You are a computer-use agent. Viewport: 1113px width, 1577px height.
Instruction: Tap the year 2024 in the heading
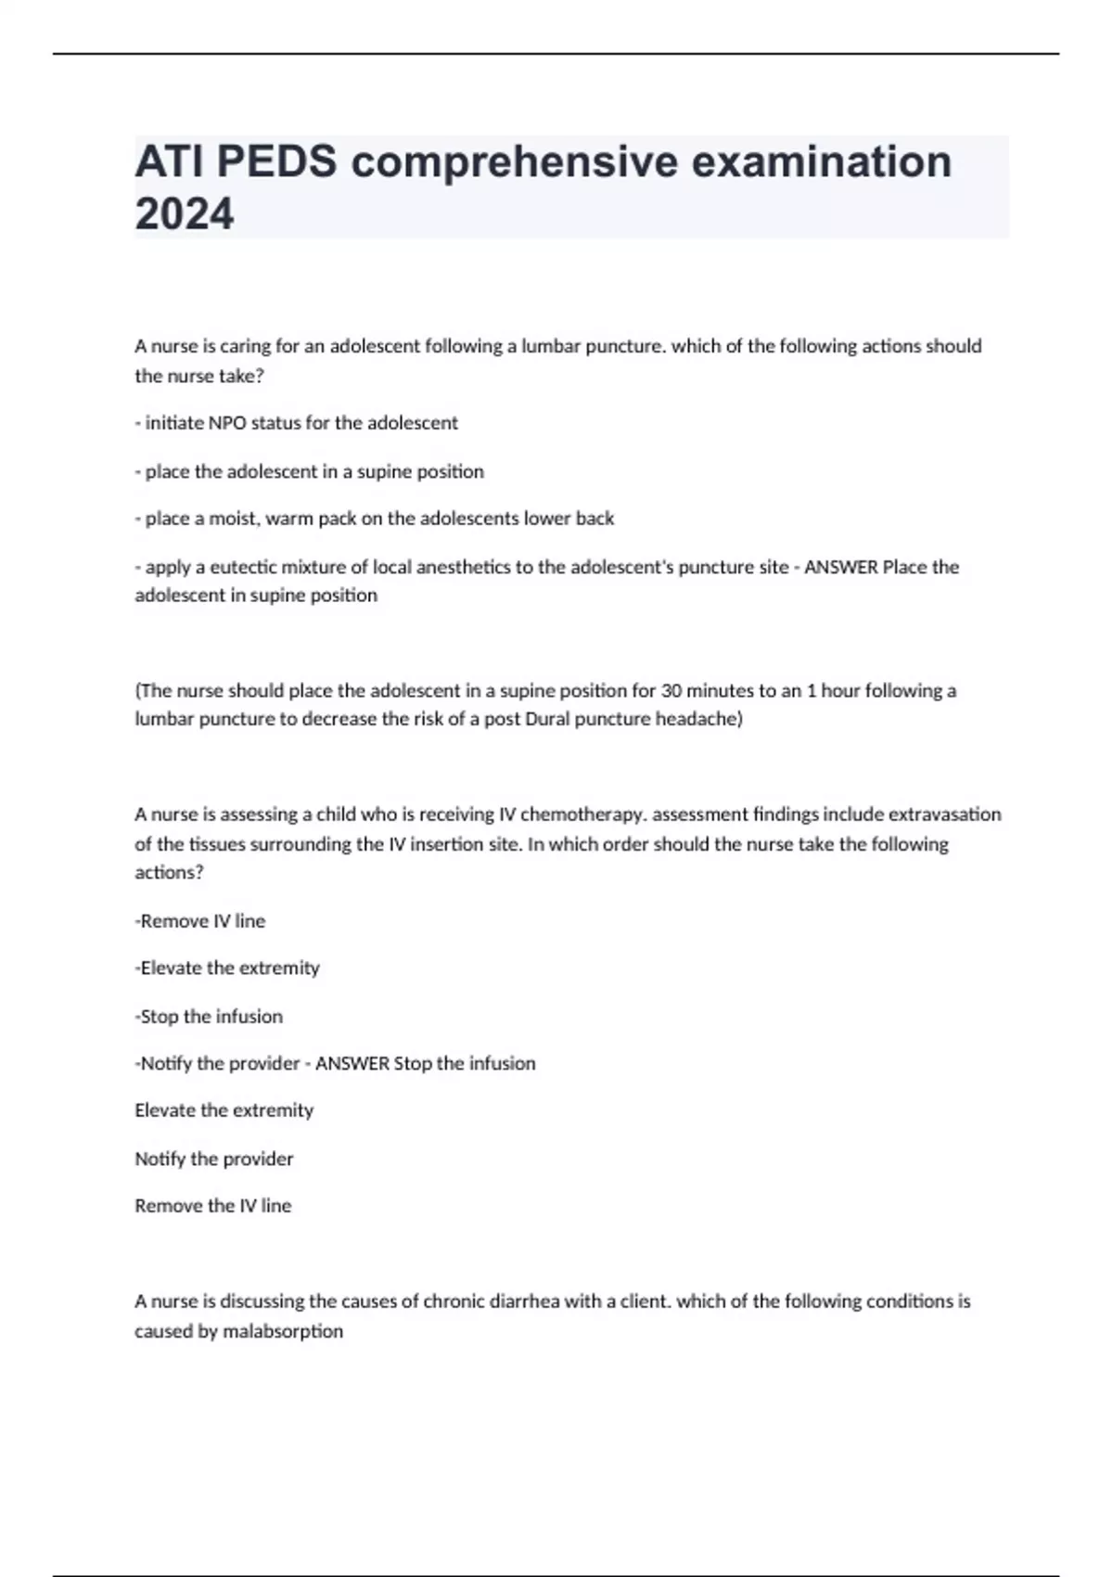pos(184,214)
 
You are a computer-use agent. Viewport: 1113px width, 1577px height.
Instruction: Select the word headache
pos(696,719)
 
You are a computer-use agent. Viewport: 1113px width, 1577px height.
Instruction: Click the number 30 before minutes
pos(671,691)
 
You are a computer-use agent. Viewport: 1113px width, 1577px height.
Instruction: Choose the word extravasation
pos(945,814)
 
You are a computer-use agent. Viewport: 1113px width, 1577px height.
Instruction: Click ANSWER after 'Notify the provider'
pos(352,1063)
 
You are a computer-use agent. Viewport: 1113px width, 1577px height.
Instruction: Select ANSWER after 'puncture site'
pos(840,567)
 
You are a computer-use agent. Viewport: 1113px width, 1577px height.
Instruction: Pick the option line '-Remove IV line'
pos(200,921)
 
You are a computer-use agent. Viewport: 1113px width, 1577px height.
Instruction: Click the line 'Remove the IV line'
pos(213,1206)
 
